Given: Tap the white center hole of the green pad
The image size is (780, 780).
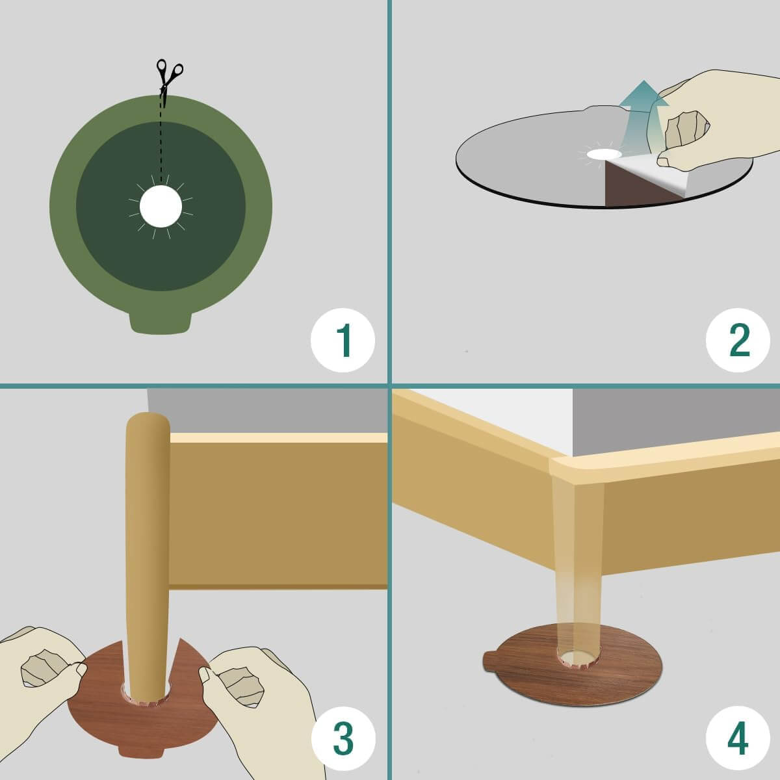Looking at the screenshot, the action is (161, 207).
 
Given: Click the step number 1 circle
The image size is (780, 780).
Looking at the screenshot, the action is (343, 340).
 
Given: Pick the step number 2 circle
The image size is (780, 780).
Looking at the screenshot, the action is (738, 340).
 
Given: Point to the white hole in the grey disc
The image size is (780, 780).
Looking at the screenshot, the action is (604, 154).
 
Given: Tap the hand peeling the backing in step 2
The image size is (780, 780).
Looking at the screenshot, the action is (712, 122).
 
